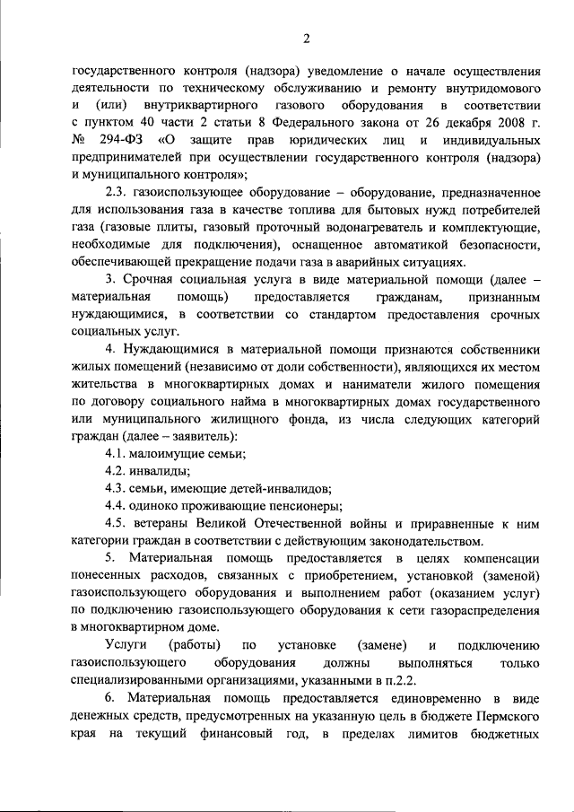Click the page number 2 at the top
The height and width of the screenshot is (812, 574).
point(305,38)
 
